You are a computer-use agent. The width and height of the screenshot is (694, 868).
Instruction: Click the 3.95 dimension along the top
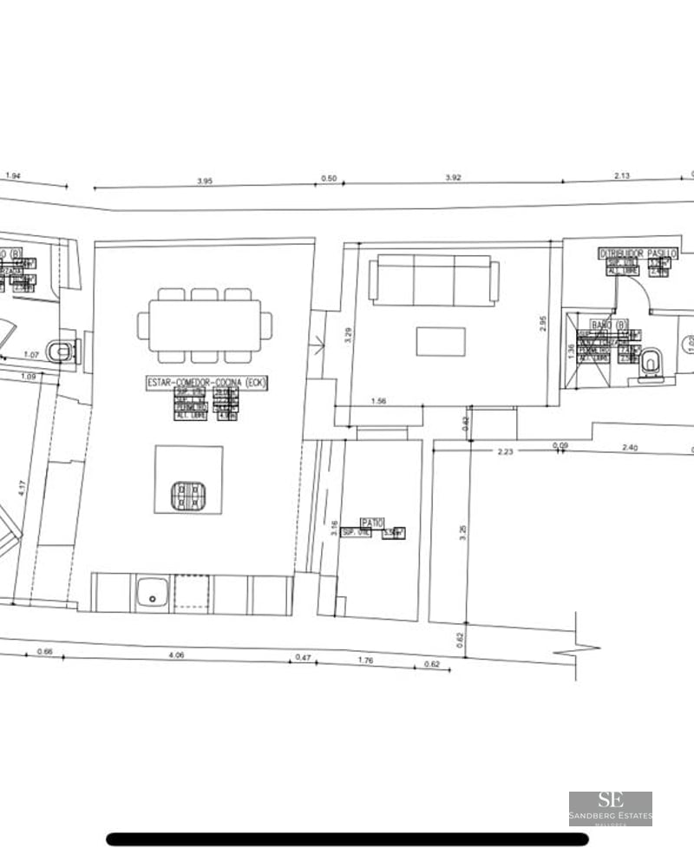pyautogui.click(x=205, y=181)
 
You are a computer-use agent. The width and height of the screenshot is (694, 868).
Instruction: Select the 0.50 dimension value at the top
pyautogui.click(x=329, y=179)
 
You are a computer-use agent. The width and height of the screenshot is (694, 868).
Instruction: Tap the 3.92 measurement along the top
pyautogui.click(x=453, y=177)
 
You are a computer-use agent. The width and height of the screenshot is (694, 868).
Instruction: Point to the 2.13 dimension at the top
pyautogui.click(x=622, y=176)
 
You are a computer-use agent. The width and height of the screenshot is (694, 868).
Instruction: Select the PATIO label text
pyautogui.click(x=373, y=523)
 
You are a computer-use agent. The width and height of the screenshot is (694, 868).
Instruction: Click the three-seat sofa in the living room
pyautogui.click(x=435, y=279)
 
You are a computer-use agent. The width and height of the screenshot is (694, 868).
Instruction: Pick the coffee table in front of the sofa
pyautogui.click(x=441, y=341)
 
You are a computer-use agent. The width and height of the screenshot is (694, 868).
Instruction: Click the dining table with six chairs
pyautogui.click(x=205, y=325)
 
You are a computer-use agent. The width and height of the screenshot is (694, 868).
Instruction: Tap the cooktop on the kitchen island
pyautogui.click(x=189, y=496)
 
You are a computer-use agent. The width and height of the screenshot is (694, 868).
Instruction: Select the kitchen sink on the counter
pyautogui.click(x=154, y=594)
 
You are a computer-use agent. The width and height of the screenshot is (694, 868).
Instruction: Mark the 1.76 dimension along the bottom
pyautogui.click(x=366, y=661)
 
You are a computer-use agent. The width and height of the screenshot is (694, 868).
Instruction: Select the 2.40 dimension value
pyautogui.click(x=631, y=448)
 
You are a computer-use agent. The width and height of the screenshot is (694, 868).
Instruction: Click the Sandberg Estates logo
pyautogui.click(x=611, y=808)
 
